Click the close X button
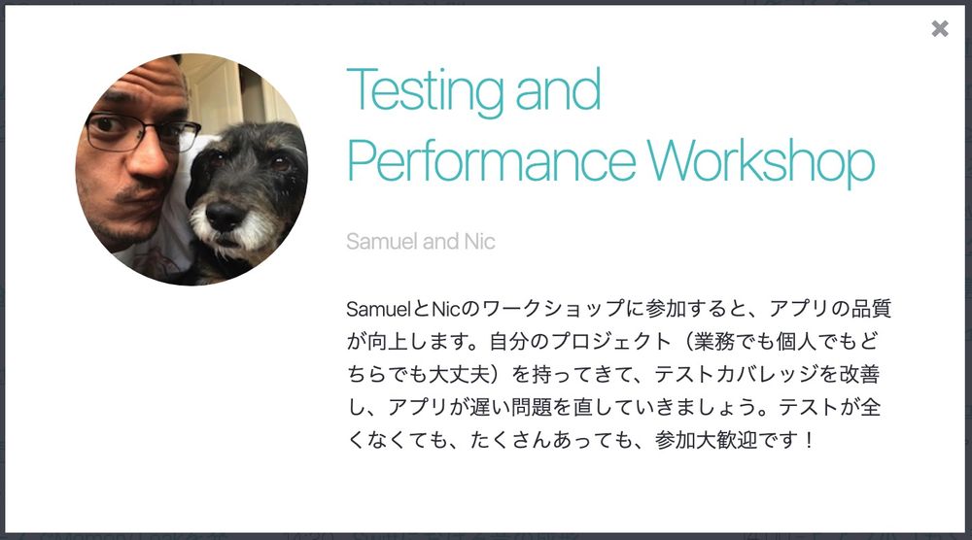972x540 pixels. (940, 29)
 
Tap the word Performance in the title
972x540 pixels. (491, 162)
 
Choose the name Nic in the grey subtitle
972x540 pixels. (478, 241)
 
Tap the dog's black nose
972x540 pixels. (226, 216)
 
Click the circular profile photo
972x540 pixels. (191, 169)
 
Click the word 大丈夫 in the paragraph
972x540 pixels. (462, 374)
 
